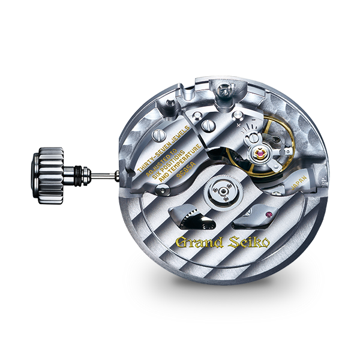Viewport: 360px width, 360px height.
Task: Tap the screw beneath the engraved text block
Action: click(x=160, y=190)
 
